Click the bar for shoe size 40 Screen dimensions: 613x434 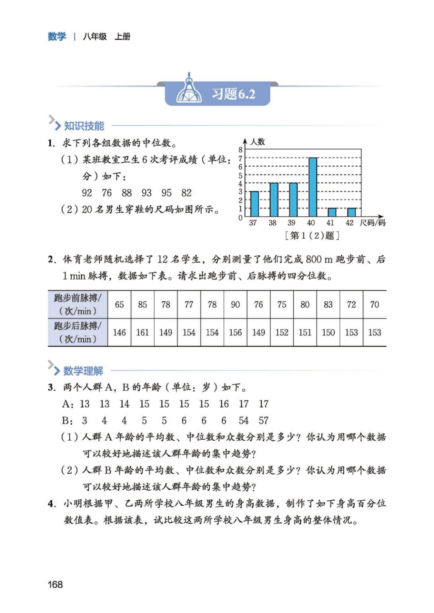point(313,187)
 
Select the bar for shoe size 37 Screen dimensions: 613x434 point(254,204)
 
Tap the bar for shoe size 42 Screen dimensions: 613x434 point(351,212)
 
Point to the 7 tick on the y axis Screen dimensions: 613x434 point(240,158)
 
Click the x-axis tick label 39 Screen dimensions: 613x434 point(291,223)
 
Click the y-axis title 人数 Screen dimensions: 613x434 point(257,142)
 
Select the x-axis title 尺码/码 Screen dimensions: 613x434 point(372,223)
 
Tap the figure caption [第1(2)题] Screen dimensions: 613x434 point(312,236)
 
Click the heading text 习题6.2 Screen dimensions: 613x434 point(233,94)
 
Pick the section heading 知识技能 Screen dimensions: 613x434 point(84,126)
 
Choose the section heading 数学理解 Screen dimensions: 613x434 point(83,370)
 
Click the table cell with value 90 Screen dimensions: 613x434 point(235,304)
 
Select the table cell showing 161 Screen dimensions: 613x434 point(143,333)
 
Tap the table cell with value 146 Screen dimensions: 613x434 point(119,333)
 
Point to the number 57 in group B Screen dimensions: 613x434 point(264,421)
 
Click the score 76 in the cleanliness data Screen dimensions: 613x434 point(107,193)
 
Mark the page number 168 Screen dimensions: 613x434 point(55,584)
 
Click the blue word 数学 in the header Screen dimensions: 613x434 point(57,36)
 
